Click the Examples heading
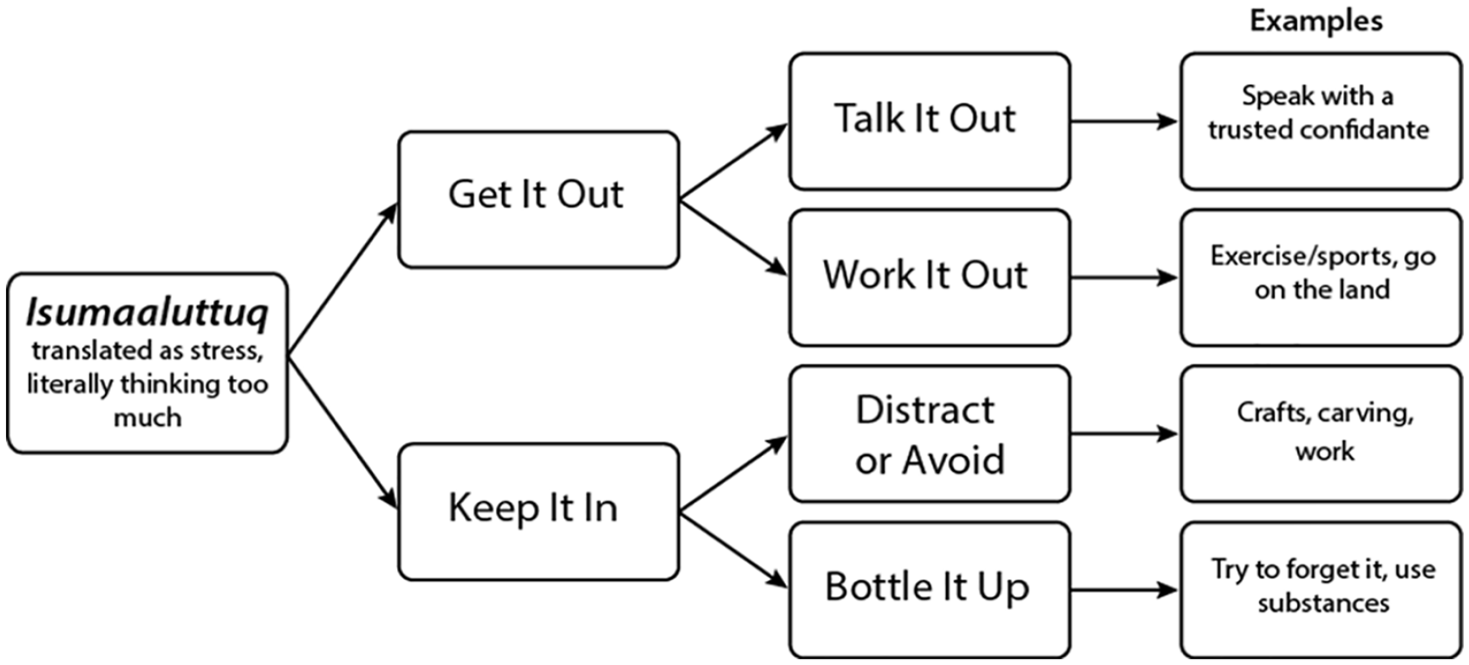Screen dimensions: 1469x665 [x=1316, y=22]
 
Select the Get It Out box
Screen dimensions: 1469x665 [x=539, y=199]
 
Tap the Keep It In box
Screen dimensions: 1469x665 [x=539, y=512]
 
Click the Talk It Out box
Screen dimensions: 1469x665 [x=930, y=122]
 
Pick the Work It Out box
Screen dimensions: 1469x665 [x=930, y=277]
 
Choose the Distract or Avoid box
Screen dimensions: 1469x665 [x=930, y=434]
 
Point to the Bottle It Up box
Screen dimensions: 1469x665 [x=930, y=590]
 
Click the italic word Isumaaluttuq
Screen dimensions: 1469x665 [x=147, y=314]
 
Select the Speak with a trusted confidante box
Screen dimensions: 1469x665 [x=1321, y=122]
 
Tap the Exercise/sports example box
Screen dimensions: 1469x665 [x=1321, y=277]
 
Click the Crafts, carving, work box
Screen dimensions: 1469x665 [x=1321, y=434]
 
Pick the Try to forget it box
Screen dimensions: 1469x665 [x=1321, y=590]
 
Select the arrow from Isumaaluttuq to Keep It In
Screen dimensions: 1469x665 [x=343, y=434]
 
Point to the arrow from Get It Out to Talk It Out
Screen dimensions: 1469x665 [x=734, y=160]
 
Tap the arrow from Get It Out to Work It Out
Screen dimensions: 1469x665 [x=734, y=238]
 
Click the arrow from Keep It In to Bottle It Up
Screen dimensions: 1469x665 [x=734, y=551]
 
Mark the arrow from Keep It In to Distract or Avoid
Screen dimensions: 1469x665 [x=734, y=473]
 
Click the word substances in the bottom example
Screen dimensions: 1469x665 [x=1323, y=603]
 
